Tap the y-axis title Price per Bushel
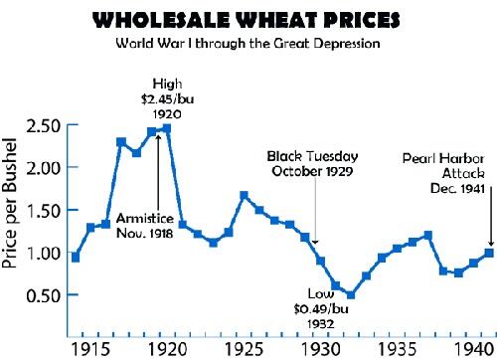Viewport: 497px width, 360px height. (18, 210)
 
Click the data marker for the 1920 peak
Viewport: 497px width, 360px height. (167, 128)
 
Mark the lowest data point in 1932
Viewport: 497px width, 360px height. (351, 294)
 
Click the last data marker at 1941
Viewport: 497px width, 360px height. (489, 225)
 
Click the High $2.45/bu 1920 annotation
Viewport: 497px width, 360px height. (167, 97)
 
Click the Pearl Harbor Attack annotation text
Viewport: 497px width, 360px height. (448, 172)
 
